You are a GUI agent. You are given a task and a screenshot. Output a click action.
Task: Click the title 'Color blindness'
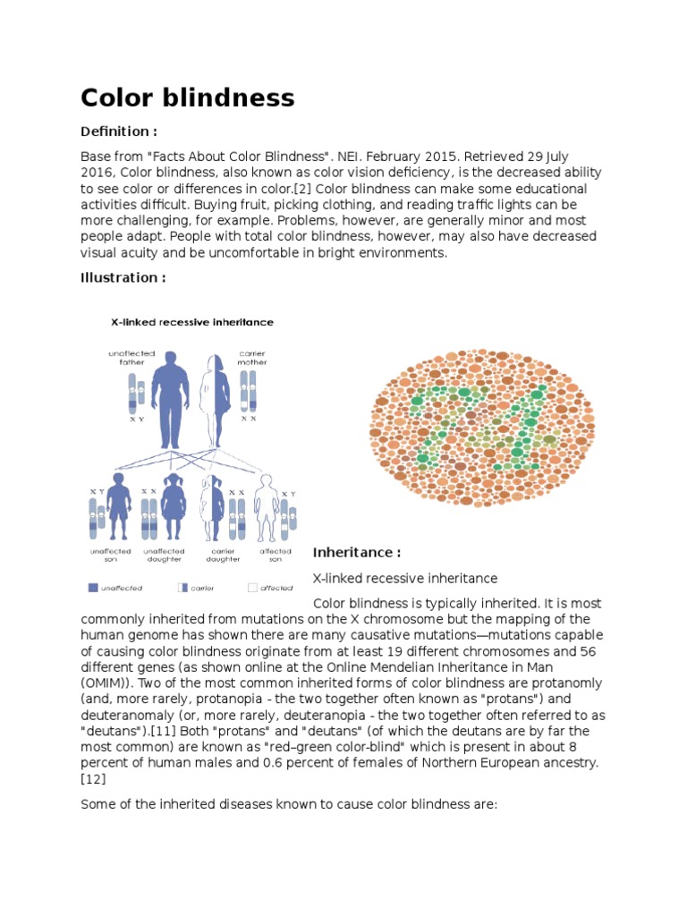coord(187,98)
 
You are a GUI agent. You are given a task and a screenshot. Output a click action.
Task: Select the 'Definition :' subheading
coord(119,131)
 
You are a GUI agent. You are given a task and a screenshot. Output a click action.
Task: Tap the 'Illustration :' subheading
coord(123,277)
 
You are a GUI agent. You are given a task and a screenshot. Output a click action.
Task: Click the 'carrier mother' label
coord(252,359)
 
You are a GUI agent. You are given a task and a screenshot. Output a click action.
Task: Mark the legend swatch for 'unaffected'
coord(93,588)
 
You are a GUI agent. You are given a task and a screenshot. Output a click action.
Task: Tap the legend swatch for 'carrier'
coord(182,588)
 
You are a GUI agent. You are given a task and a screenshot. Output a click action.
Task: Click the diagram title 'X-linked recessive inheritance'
coord(191,322)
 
